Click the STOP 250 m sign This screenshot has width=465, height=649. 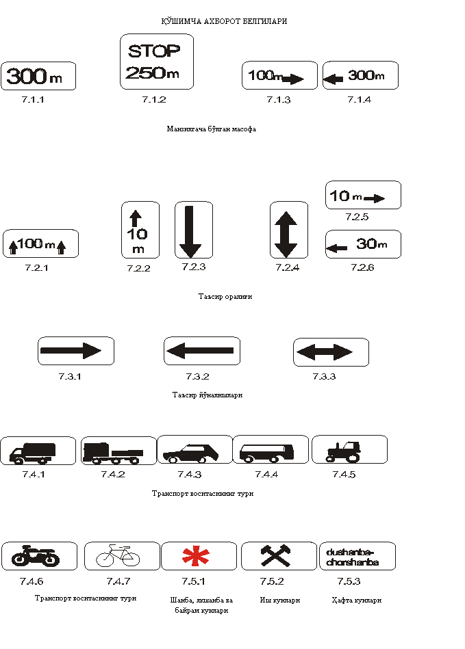click(157, 62)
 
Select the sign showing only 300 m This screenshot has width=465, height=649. click(38, 76)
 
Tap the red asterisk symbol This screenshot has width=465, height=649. click(199, 556)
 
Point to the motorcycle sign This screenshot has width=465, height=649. click(39, 556)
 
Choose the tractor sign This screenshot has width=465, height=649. click(349, 450)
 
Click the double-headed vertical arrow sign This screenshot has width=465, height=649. click(288, 229)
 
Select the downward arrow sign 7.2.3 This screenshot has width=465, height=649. click(194, 229)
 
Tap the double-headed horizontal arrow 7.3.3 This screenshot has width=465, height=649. click(331, 352)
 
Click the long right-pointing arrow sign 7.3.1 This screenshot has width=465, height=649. click(75, 351)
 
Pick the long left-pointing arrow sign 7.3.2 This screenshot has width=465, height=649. click(201, 351)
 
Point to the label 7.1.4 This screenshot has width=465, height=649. click(359, 100)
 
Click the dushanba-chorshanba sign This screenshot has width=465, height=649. click(357, 556)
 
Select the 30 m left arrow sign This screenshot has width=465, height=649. click(362, 244)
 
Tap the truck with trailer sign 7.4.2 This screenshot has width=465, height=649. click(118, 451)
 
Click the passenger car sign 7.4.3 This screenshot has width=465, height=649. click(194, 450)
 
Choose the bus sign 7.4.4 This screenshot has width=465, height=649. click(270, 450)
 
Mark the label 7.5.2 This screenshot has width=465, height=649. click(272, 581)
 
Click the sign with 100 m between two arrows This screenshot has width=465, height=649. click(40, 243)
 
